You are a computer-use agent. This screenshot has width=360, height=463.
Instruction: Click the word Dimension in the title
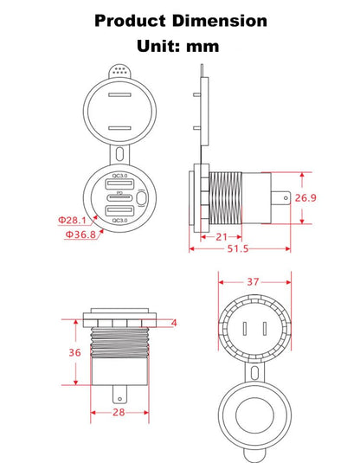pos(220,21)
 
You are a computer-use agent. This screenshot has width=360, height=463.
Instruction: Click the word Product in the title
pos(130,21)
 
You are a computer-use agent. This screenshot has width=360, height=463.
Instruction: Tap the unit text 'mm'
pos(202,47)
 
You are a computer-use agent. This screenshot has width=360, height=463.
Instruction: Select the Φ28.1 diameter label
pos(72,220)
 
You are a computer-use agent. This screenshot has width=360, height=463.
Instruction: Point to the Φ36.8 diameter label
pos(80,235)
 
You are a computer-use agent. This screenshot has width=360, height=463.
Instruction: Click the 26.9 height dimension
pos(305,198)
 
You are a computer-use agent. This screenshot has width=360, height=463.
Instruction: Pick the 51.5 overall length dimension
pos(238,249)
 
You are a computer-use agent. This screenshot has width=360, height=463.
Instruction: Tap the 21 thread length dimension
pos(222,237)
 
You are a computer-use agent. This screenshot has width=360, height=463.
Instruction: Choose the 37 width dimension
pos(253,282)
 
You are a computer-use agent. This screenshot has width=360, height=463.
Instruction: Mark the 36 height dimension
pos(74,352)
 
